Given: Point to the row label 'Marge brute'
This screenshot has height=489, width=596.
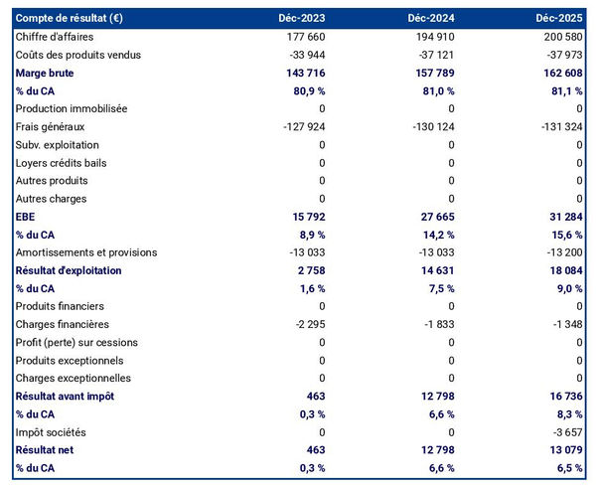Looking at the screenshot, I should click(x=45, y=73).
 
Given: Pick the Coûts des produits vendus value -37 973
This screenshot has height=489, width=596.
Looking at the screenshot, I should click(x=563, y=55).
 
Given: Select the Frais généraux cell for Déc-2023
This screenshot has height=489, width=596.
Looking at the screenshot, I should click(x=300, y=126).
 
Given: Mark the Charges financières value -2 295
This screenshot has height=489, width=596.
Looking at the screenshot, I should click(x=305, y=324).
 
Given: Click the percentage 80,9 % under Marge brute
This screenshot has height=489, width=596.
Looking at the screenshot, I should click(x=307, y=90).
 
